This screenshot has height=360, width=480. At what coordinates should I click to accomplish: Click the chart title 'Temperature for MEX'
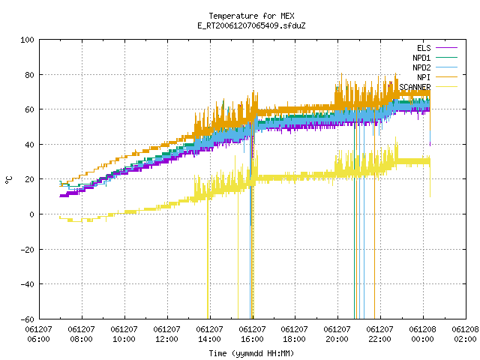(x=251, y=16)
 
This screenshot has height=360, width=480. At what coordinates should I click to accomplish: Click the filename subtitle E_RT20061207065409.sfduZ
(x=251, y=25)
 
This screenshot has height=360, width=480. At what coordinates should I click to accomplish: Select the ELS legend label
(x=424, y=48)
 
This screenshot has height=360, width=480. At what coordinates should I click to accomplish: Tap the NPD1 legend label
(x=421, y=58)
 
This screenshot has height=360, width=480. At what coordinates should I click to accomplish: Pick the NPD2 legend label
(x=421, y=67)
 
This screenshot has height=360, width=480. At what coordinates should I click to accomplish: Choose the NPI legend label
(x=424, y=77)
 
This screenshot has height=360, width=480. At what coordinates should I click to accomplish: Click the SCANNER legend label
(x=415, y=87)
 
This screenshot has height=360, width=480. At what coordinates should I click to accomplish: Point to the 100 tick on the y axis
(x=27, y=40)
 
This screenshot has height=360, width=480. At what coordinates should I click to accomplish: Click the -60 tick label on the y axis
(x=27, y=319)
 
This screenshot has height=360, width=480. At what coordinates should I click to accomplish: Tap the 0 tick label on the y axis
(x=31, y=214)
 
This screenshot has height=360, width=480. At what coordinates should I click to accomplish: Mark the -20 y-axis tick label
(x=27, y=250)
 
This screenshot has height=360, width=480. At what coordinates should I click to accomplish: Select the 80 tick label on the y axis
(x=29, y=75)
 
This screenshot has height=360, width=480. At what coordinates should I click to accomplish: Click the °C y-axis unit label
(x=9, y=180)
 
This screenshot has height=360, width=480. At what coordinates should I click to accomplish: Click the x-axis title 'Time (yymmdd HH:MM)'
(x=251, y=353)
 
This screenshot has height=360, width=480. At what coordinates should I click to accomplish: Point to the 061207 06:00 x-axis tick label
(x=38, y=334)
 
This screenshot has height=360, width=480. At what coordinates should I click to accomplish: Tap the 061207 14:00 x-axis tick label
(x=209, y=334)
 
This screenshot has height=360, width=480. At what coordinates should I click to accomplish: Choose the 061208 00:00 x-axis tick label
(x=422, y=334)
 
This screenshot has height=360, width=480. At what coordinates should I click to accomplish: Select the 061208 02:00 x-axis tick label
(x=465, y=334)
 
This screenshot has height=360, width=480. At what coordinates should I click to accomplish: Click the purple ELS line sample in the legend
(x=446, y=48)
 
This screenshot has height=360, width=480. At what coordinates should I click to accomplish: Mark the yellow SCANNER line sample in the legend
(x=446, y=87)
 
